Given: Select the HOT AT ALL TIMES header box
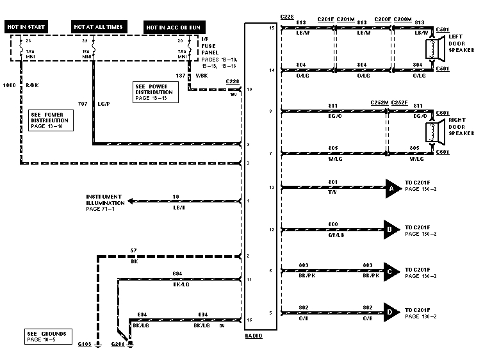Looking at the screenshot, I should point(99,26).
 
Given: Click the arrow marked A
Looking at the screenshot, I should point(391,188).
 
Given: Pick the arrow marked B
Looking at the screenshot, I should point(391,229).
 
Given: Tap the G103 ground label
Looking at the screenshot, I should point(85,345).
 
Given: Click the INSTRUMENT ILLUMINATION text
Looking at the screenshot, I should point(106,201).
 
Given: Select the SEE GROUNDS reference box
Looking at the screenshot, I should point(45,336).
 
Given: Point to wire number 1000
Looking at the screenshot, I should point(10,85).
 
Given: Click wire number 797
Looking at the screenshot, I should point(82,102).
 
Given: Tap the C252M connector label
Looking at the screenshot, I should point(379,102).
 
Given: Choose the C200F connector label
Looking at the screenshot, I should point(382,20).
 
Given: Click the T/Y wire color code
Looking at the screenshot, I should point(332,192).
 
